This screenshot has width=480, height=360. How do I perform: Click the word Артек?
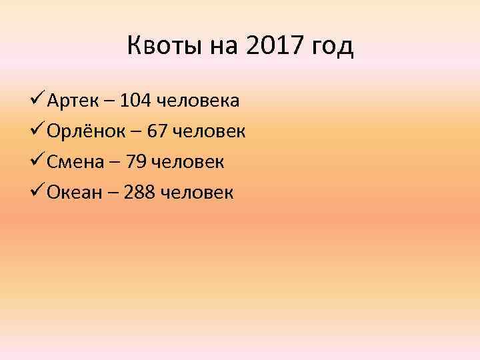[71, 101]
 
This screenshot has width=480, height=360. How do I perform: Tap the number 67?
[157, 132]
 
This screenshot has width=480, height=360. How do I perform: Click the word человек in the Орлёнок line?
[210, 132]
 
